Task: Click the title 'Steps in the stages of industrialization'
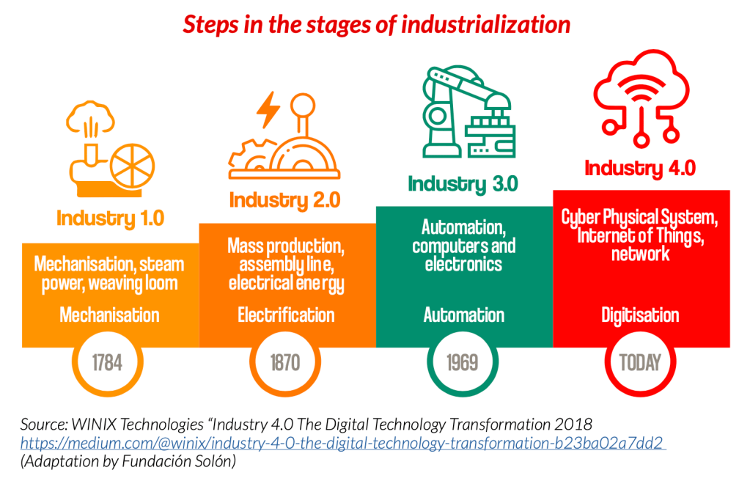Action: [x=376, y=24]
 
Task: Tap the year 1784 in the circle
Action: [x=107, y=362]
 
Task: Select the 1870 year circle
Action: [x=285, y=362]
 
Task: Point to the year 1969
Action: [x=463, y=362]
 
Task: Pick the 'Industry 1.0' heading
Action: [x=111, y=219]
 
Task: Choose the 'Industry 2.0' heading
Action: [x=285, y=200]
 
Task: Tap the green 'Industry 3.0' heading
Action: [x=463, y=184]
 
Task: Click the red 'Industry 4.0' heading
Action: [x=641, y=168]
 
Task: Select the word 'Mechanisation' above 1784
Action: [x=109, y=315]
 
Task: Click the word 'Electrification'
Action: [x=286, y=315]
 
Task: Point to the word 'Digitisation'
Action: [x=640, y=315]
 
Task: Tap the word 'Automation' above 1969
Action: [x=463, y=315]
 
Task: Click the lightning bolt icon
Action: [x=268, y=109]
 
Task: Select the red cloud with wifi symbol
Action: [x=641, y=98]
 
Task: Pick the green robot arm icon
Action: [x=468, y=112]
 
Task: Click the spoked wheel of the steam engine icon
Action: [x=133, y=166]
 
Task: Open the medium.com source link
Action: [x=343, y=443]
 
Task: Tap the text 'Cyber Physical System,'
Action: [x=639, y=218]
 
